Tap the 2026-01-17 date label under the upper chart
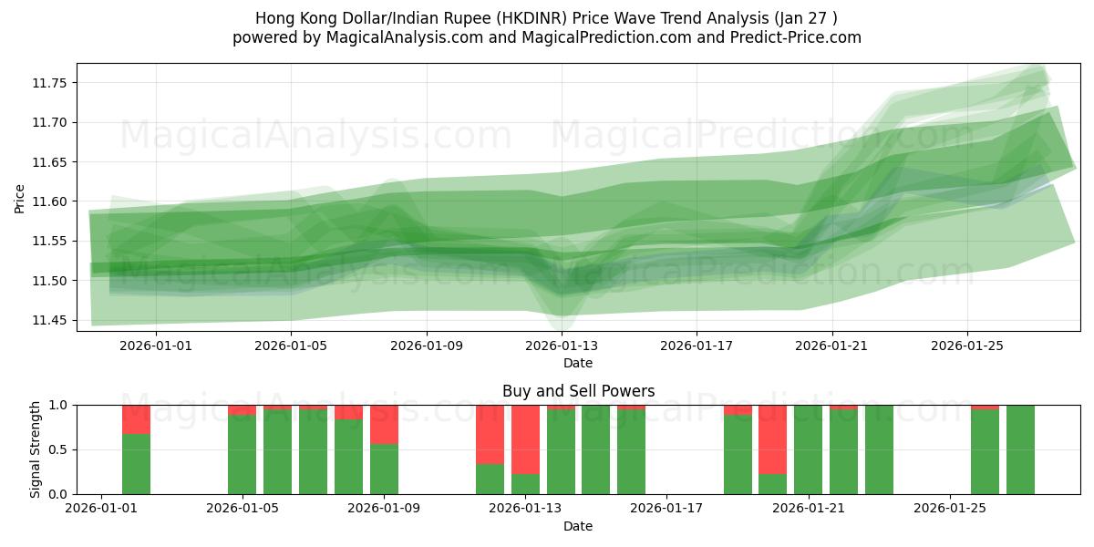pyautogui.click(x=697, y=346)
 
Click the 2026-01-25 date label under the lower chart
pyautogui.click(x=950, y=509)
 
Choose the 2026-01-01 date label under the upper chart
pyautogui.click(x=156, y=346)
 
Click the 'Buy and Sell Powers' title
pyautogui.click(x=578, y=391)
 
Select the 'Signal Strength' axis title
pyautogui.click(x=36, y=449)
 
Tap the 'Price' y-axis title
pyautogui.click(x=20, y=198)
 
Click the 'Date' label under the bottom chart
pyautogui.click(x=578, y=526)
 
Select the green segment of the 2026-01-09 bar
pyautogui.click(x=384, y=470)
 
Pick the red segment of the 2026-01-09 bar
pyautogui.click(x=384, y=424)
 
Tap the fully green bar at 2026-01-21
pyautogui.click(x=808, y=449)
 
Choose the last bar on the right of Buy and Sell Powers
pyautogui.click(x=1020, y=449)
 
